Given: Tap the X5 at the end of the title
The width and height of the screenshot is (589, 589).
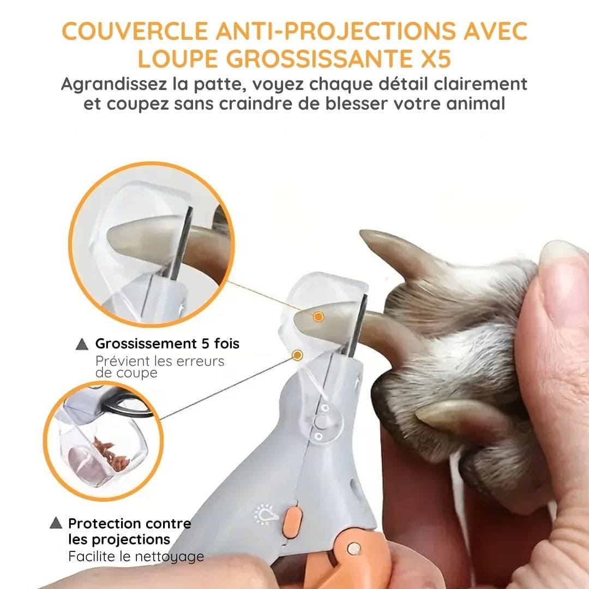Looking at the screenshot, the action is click(x=435, y=59).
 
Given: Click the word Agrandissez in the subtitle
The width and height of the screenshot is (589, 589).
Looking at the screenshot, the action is click(x=113, y=84).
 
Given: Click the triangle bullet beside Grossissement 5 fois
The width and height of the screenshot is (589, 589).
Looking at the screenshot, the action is click(x=82, y=344).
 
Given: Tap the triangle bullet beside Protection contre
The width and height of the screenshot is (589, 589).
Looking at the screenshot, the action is click(x=56, y=522).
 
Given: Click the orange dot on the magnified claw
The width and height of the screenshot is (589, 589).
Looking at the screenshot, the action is click(x=318, y=317).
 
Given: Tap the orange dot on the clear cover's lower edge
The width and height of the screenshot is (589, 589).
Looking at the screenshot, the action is click(x=298, y=355).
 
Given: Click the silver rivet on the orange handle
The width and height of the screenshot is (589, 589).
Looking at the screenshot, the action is click(x=353, y=549).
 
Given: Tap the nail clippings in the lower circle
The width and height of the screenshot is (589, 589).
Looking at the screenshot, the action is click(x=111, y=454).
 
